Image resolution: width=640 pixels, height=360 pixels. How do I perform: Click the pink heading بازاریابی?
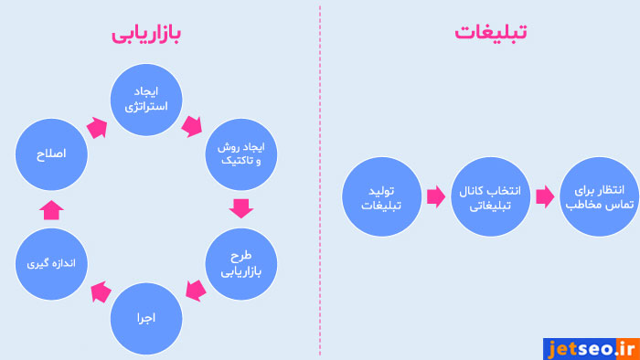146,34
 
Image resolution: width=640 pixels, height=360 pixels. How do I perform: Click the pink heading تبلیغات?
491,32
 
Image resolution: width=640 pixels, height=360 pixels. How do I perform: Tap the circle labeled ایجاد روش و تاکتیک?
241,154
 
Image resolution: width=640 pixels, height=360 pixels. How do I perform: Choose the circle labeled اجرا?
146,318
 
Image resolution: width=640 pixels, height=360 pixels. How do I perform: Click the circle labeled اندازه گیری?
51,264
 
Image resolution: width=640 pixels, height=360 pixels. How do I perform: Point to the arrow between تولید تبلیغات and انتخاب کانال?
433,196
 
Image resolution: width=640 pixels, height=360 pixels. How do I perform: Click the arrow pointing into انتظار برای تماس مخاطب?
545,196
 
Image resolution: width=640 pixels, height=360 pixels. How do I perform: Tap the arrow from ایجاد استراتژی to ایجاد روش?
192,125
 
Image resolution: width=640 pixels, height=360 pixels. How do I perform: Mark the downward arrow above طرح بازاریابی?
241,208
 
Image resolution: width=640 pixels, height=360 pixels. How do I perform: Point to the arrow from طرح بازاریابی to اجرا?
193,291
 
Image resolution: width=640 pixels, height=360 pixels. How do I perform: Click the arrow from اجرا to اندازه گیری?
98,292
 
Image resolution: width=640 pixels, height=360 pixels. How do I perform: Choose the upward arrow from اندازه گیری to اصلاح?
52,209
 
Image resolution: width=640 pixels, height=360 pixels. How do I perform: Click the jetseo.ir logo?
590,347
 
